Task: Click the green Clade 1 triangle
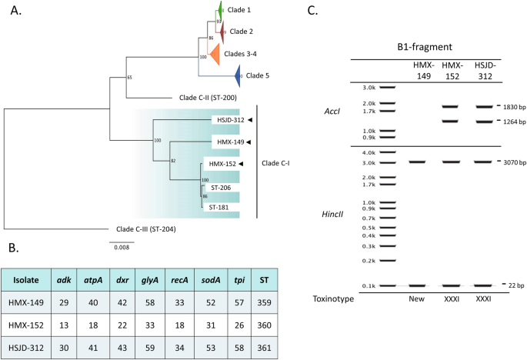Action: pos(219,11)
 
